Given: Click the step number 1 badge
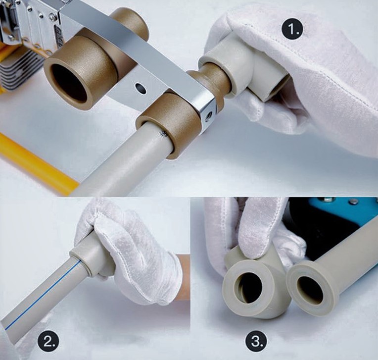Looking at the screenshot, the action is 292,30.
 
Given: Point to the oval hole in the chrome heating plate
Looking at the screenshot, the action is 141,88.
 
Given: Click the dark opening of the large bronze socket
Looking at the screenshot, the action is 69,82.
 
